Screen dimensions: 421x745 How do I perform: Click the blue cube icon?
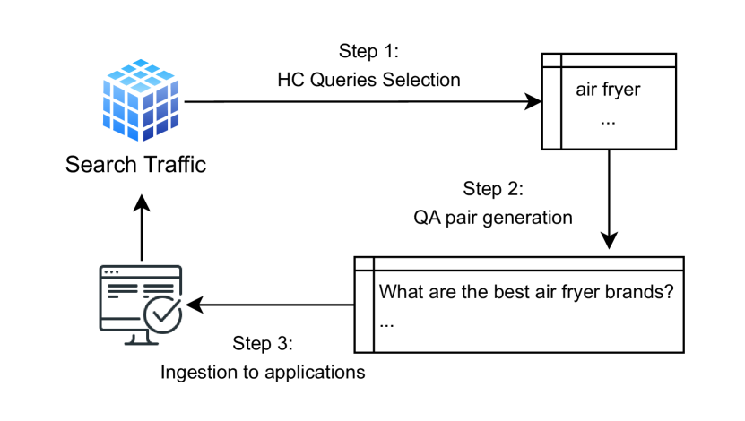141,100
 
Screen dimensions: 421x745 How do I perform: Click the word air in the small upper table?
587,90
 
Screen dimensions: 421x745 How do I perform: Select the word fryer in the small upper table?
622,90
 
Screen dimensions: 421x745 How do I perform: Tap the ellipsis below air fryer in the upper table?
608,120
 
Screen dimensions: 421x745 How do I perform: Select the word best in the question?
499,292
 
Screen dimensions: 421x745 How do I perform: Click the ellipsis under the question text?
386,322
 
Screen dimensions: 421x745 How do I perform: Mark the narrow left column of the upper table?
552,107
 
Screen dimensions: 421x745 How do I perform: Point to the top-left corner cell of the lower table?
365,264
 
